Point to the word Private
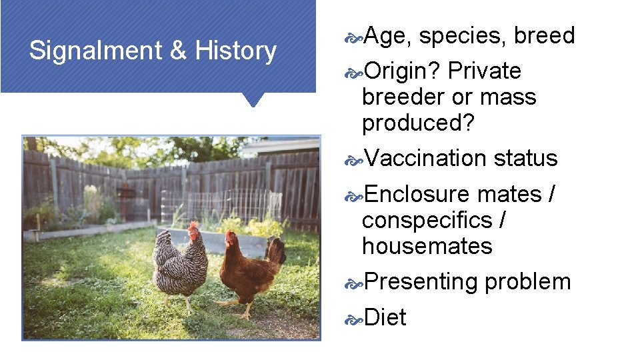tap(485, 71)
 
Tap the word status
tap(525, 158)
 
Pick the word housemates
tap(427, 246)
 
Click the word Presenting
tap(421, 281)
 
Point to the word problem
tap(528, 281)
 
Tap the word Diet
tap(385, 317)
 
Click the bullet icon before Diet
tap(353, 319)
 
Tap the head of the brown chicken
tap(231, 238)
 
